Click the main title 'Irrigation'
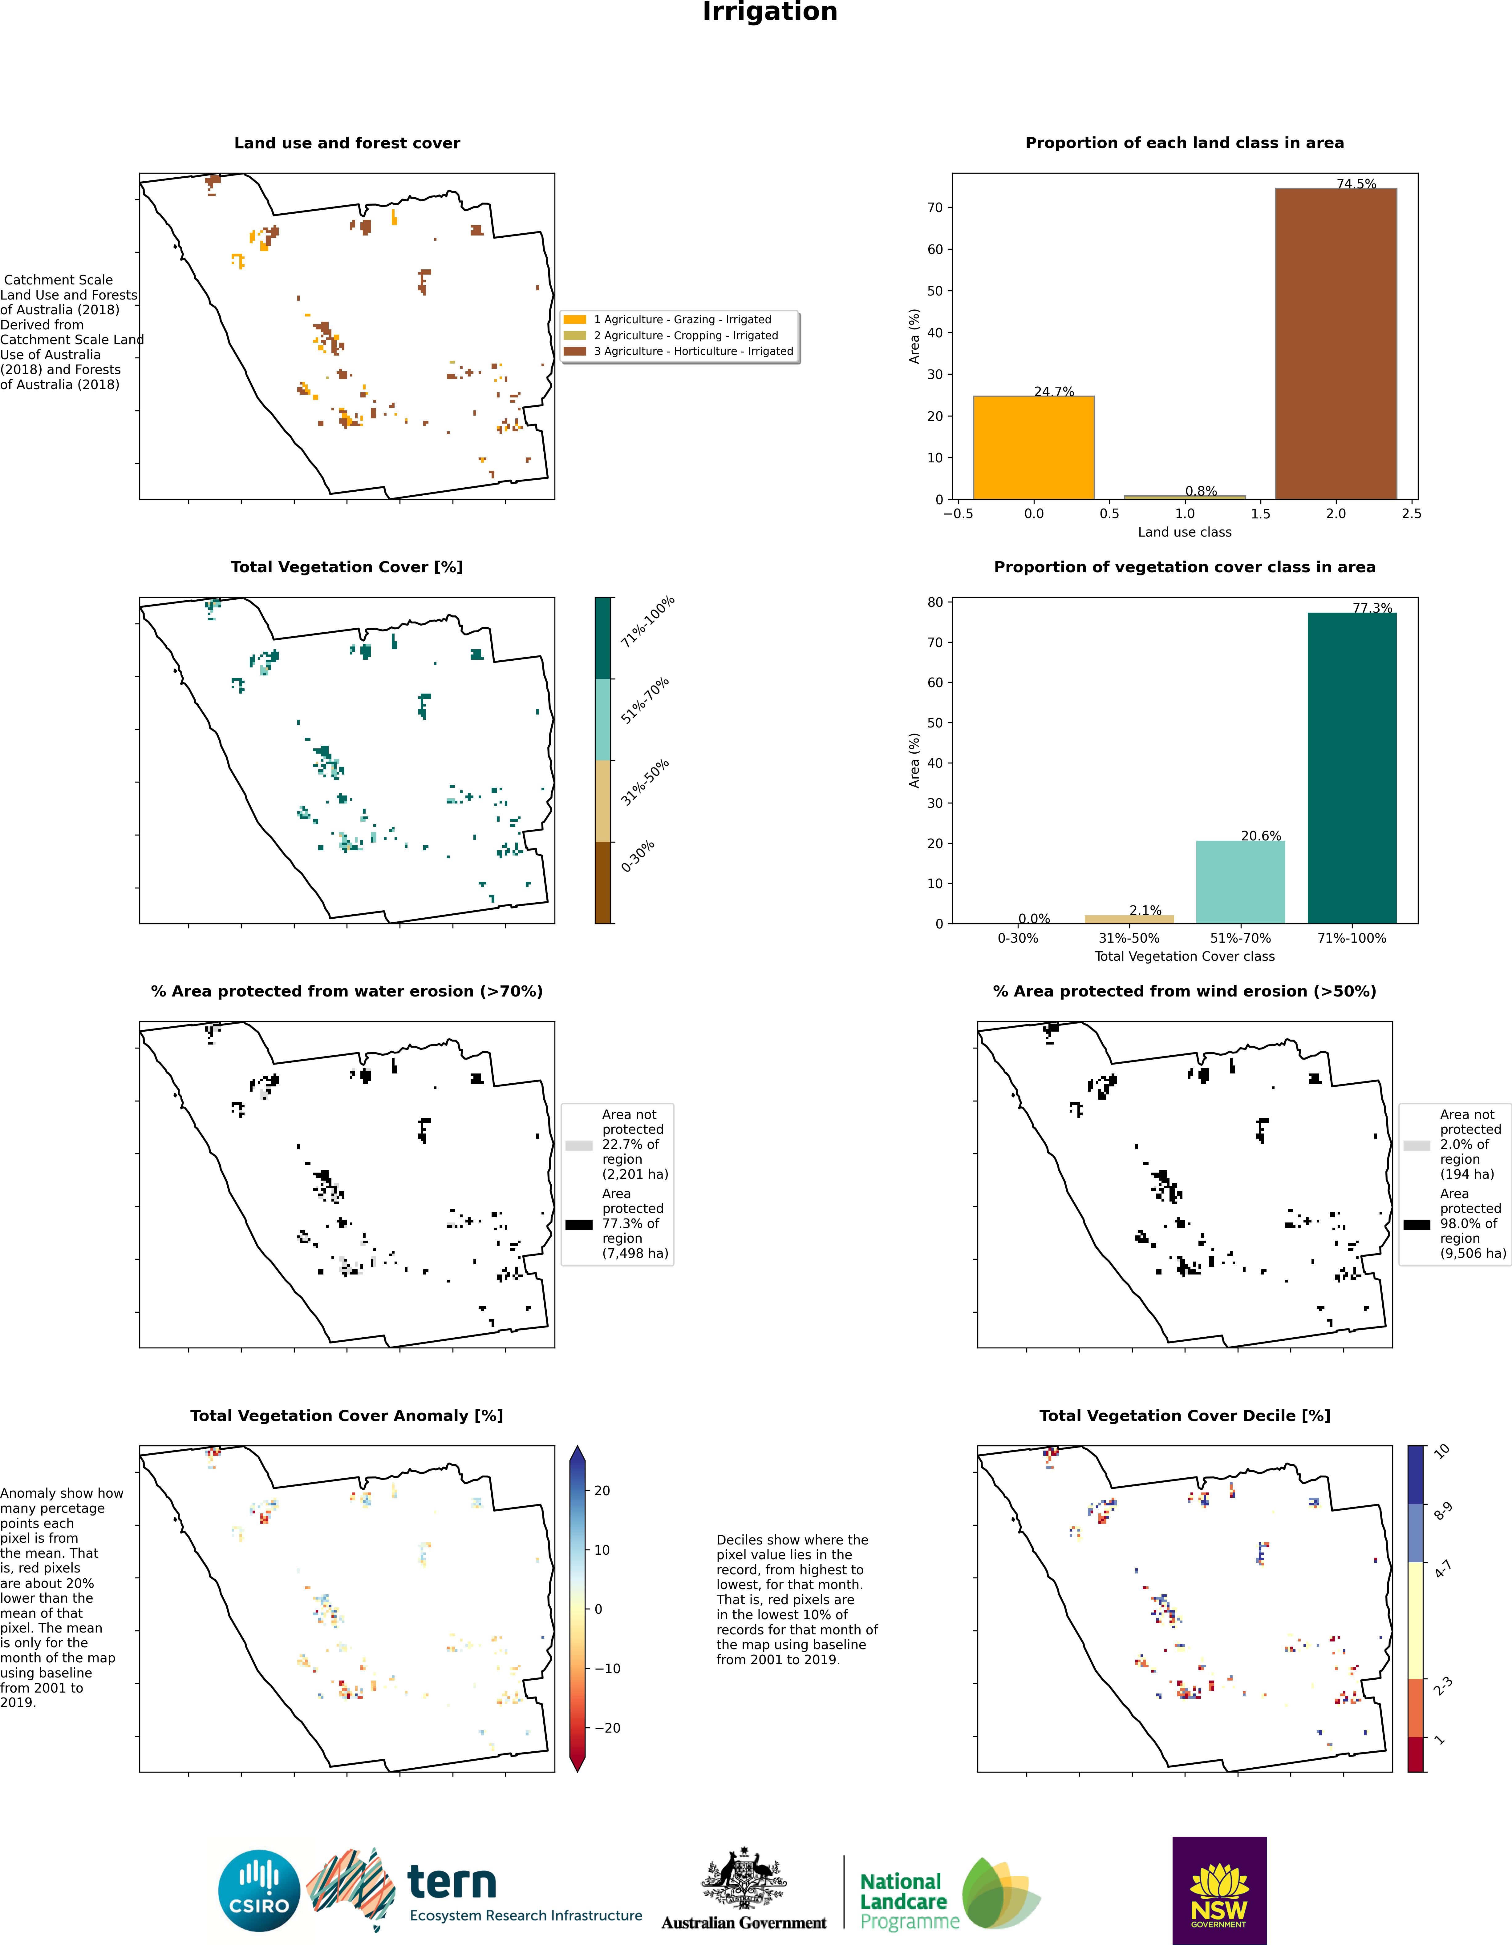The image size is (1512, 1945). [x=770, y=12]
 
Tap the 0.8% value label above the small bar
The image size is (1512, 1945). [x=1200, y=491]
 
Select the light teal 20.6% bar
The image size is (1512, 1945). [x=1240, y=882]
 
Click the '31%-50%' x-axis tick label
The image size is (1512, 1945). [x=1129, y=938]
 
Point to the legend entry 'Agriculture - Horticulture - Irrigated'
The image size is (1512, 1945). [x=693, y=351]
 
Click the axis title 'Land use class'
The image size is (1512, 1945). [x=1184, y=532]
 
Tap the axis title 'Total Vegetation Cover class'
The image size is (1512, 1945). [x=1184, y=956]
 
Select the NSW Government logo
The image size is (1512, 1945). [x=1219, y=1890]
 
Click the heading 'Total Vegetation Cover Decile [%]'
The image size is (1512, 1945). [x=1184, y=1415]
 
